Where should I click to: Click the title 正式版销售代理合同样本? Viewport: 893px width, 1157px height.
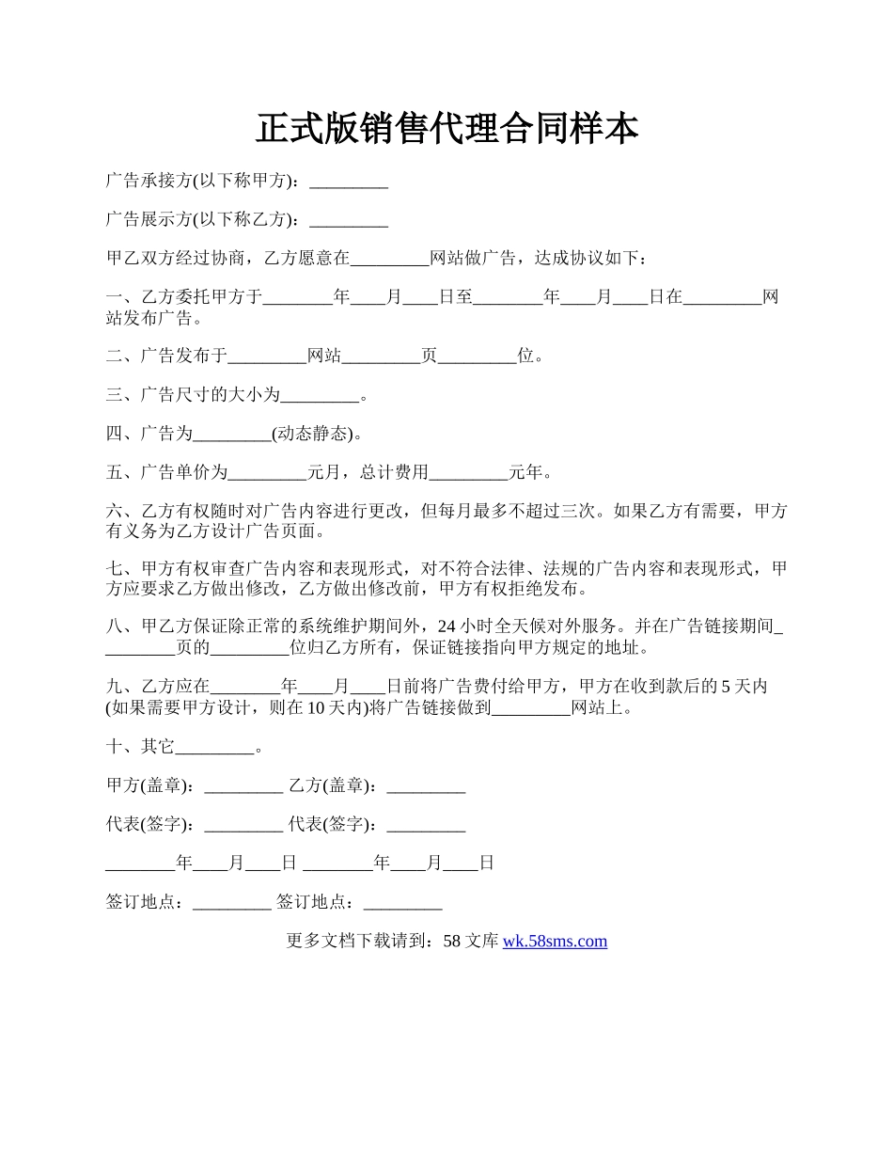pos(446,129)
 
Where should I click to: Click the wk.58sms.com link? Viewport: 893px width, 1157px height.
pos(555,941)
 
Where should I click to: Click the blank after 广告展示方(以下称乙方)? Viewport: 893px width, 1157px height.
pos(349,220)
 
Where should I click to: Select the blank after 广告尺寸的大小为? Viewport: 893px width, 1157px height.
pos(321,396)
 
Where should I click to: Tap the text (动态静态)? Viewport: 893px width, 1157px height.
pos(314,434)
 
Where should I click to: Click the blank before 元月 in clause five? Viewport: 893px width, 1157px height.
pos(268,472)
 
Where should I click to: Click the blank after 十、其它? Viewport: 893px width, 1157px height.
pos(215,748)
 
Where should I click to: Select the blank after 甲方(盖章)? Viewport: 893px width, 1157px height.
pos(243,785)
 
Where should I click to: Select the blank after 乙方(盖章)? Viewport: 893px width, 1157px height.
pos(426,785)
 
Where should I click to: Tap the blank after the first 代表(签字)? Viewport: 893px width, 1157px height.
pos(243,825)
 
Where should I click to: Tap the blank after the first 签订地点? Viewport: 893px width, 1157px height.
pos(231,902)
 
